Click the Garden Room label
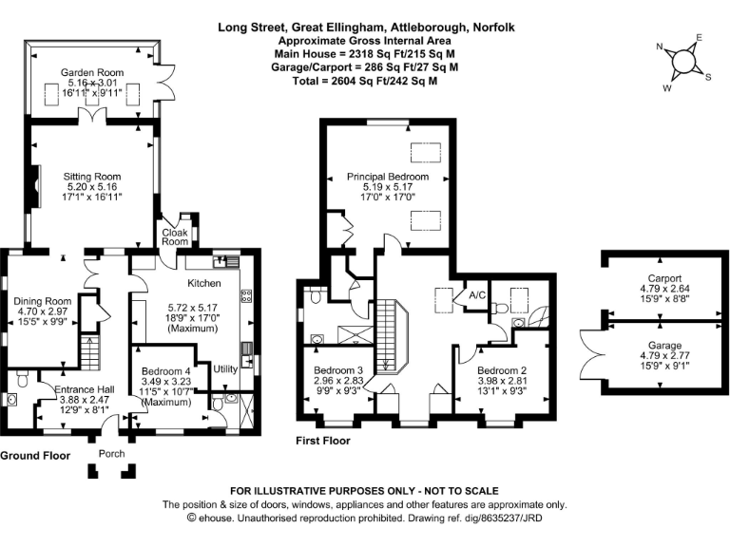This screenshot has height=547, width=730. (92, 72)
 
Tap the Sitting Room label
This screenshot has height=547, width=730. (92, 177)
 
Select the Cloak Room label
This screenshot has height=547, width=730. (175, 236)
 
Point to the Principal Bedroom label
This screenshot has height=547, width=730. (388, 177)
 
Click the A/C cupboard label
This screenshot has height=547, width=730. (477, 295)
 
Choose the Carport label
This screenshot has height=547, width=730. (664, 278)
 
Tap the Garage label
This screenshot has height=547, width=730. (664, 345)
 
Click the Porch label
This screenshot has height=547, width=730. (112, 454)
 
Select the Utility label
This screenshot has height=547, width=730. (225, 368)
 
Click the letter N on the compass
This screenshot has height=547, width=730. (660, 46)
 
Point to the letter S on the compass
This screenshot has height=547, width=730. (708, 77)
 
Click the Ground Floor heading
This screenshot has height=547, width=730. (35, 456)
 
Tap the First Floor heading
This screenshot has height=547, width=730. (323, 441)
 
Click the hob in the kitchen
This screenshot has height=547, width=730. (246, 296)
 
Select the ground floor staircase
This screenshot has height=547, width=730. (90, 352)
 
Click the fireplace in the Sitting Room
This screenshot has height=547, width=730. (36, 185)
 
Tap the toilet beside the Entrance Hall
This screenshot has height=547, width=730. (22, 379)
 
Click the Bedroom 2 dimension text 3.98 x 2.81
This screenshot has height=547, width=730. (502, 381)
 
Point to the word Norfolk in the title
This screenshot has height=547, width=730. (494, 28)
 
